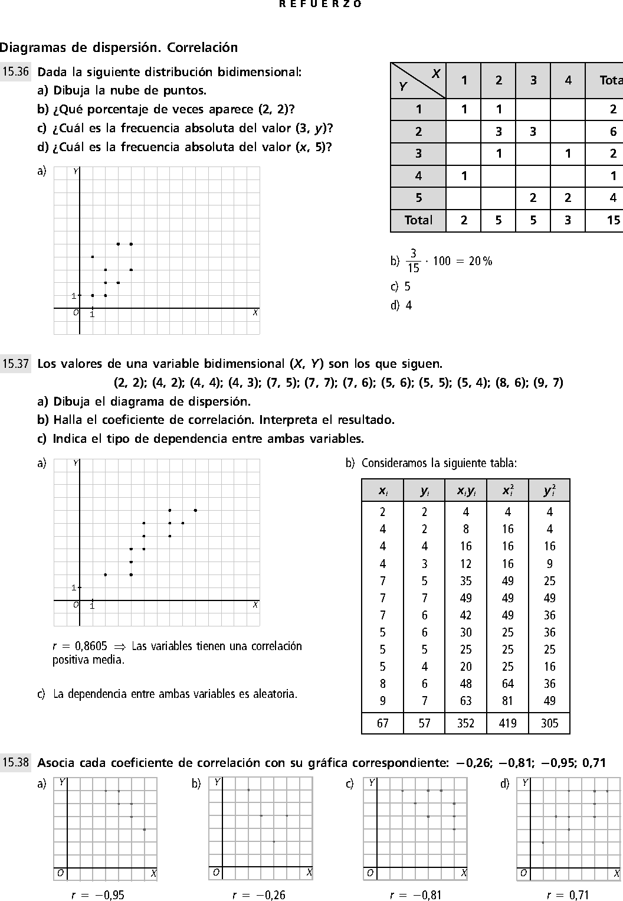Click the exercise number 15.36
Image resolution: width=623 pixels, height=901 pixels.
pos(15,72)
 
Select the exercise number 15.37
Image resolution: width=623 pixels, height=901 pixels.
pos(15,364)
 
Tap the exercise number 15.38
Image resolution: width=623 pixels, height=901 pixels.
pos(15,762)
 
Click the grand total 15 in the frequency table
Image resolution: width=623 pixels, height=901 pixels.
pos(613,220)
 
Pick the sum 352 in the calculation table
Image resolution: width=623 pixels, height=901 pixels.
pos(465,723)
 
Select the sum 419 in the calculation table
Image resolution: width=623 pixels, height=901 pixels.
pos(507,723)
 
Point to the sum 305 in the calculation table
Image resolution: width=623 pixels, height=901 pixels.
pos(549,723)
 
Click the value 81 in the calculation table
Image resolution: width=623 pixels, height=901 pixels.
pos(507,701)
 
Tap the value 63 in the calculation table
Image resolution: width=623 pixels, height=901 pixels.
pos(465,701)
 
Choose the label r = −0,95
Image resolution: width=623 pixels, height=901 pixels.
pos(98,895)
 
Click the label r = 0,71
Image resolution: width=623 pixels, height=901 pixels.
pos(568,895)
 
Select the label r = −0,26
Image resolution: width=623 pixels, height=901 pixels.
pos(259,895)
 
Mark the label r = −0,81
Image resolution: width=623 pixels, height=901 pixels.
pos(415,895)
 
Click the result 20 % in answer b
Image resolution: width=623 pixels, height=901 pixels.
pos(480,261)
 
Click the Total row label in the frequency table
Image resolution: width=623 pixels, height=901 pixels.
pos(418,220)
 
